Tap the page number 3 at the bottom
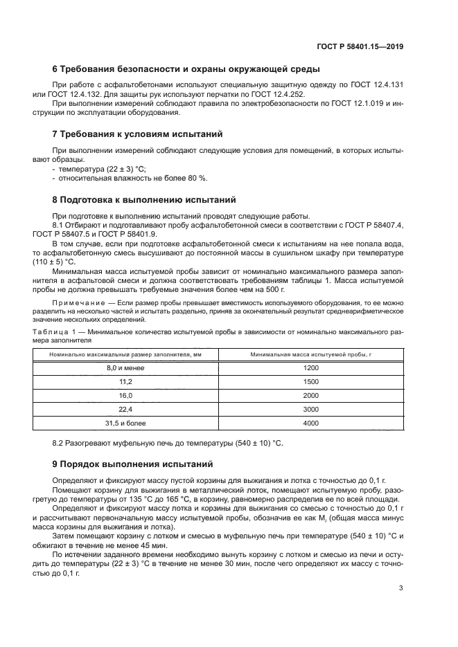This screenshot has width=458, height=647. pyautogui.click(x=401, y=588)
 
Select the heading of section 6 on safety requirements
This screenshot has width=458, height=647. pyautogui.click(x=186, y=69)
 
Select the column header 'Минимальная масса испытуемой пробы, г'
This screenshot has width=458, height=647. pyautogui.click(x=310, y=354)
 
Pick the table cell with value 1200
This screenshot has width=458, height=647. pyautogui.click(x=310, y=368)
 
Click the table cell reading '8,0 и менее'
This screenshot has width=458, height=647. pyautogui.click(x=125, y=368)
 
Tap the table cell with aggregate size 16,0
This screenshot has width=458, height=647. pyautogui.click(x=125, y=395)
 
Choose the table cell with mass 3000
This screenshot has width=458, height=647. pyautogui.click(x=310, y=409)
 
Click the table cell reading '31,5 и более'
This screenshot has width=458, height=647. pyautogui.click(x=125, y=423)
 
